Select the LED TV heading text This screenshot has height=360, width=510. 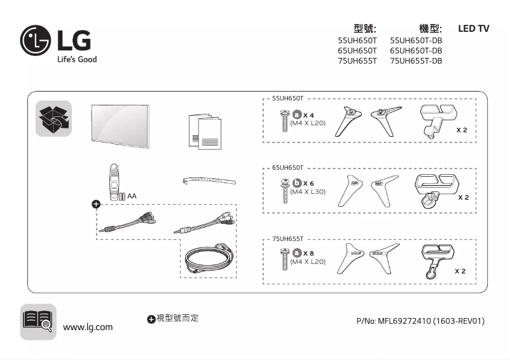click(x=474, y=29)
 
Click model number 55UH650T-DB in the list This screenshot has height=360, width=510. click(x=415, y=40)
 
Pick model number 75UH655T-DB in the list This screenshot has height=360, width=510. click(x=415, y=61)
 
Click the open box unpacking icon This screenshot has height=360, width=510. click(x=54, y=119)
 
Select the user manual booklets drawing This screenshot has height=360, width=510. click(x=205, y=132)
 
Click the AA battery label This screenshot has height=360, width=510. click(x=132, y=196)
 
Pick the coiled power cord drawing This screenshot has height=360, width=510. click(x=206, y=259)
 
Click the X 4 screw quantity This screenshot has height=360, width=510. click(x=309, y=114)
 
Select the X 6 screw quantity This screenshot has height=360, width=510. click(x=308, y=183)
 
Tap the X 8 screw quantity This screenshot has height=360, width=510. click(x=309, y=253)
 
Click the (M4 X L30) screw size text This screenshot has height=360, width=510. click(x=308, y=191)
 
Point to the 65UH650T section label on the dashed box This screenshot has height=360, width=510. click(x=287, y=168)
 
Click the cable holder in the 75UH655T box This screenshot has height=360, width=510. click(x=436, y=258)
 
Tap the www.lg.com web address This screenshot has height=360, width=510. click(x=88, y=327)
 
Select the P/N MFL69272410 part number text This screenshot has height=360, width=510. click(x=420, y=321)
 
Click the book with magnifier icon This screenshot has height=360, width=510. click(x=38, y=320)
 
